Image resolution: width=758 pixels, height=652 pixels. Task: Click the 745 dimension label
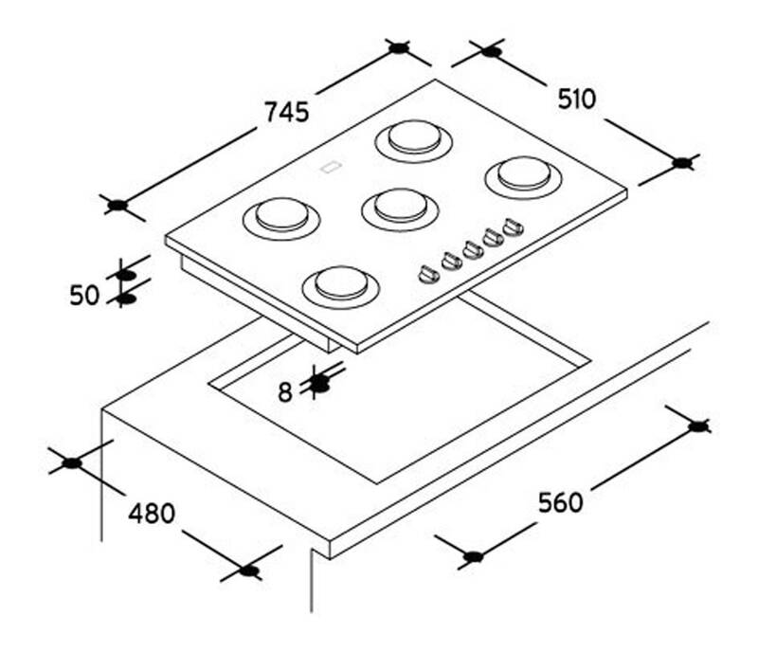[287, 112]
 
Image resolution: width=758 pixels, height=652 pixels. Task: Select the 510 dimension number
[577, 100]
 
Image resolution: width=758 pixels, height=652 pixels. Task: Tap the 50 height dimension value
[84, 295]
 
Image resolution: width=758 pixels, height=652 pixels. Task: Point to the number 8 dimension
[285, 391]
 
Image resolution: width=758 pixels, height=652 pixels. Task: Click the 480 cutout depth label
[152, 514]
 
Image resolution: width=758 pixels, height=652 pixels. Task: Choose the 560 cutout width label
[560, 502]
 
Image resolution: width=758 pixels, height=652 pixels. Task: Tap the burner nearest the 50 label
[281, 218]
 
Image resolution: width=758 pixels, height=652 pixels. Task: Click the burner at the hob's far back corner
[414, 141]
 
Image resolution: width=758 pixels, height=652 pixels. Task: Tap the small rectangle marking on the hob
[331, 168]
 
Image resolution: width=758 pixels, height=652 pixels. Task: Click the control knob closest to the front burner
[428, 274]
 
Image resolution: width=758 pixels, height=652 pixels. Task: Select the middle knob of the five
[472, 249]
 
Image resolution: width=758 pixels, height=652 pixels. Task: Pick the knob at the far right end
[513, 226]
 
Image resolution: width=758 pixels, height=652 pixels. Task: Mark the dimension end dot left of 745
[117, 206]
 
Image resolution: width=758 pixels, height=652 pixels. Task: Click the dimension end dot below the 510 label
[682, 163]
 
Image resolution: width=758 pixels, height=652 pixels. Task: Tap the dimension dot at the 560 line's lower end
[473, 556]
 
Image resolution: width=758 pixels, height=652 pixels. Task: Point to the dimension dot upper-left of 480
[72, 462]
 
